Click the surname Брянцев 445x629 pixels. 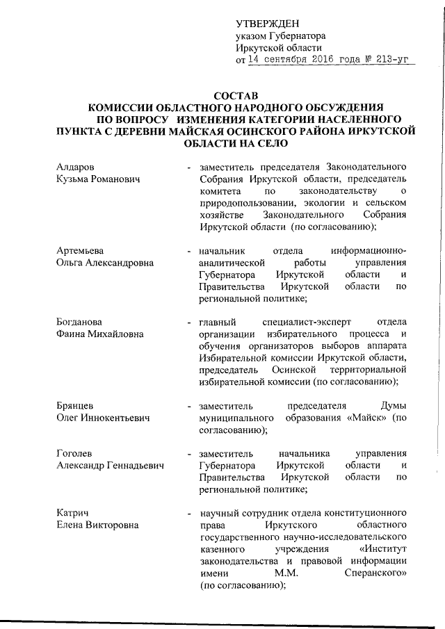(76, 406)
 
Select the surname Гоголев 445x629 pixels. (75, 453)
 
